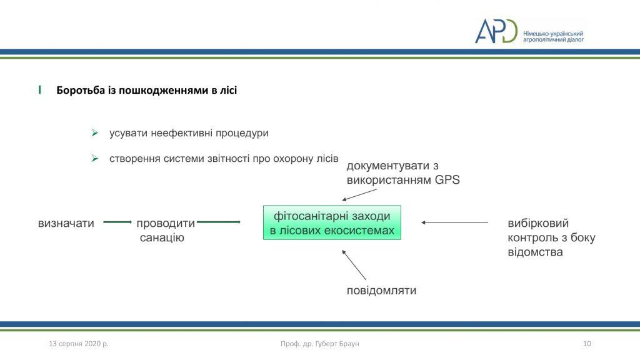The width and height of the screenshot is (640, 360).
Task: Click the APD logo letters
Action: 496,31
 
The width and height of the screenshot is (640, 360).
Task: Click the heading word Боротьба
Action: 81,90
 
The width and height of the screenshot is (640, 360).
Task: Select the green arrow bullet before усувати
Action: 95,133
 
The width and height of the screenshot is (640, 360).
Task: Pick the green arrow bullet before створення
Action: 95,158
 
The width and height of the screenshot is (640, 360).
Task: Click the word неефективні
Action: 181,134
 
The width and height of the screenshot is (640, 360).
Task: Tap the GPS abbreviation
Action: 447,179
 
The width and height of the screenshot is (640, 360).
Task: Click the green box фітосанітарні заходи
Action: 332,222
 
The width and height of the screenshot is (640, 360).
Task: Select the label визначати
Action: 66,223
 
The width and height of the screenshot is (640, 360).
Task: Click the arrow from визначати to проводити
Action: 117,222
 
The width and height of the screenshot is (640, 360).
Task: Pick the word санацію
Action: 162,237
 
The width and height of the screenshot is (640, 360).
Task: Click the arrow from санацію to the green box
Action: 219,222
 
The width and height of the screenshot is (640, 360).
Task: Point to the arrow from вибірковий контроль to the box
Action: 455,222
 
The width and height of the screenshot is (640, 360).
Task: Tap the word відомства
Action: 535,252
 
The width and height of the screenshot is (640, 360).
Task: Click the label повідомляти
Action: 381,291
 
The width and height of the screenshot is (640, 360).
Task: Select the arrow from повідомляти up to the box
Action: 354,265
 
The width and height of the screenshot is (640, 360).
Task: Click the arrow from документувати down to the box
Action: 359,195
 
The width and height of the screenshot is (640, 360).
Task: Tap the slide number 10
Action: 587,344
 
